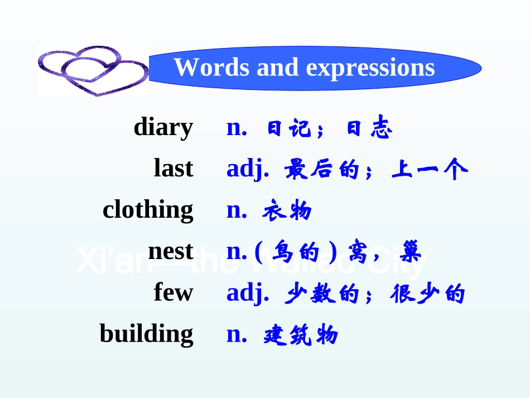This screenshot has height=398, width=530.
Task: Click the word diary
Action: (x=163, y=128)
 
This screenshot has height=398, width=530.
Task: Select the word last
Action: (x=174, y=169)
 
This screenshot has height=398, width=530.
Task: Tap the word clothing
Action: (x=148, y=210)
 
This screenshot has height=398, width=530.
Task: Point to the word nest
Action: (x=171, y=252)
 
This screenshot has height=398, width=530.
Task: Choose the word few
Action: (x=174, y=292)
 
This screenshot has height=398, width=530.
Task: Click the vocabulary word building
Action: (x=146, y=334)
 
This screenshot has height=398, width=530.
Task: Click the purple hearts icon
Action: (x=93, y=71)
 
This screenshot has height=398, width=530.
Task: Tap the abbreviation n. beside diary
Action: (x=237, y=128)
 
